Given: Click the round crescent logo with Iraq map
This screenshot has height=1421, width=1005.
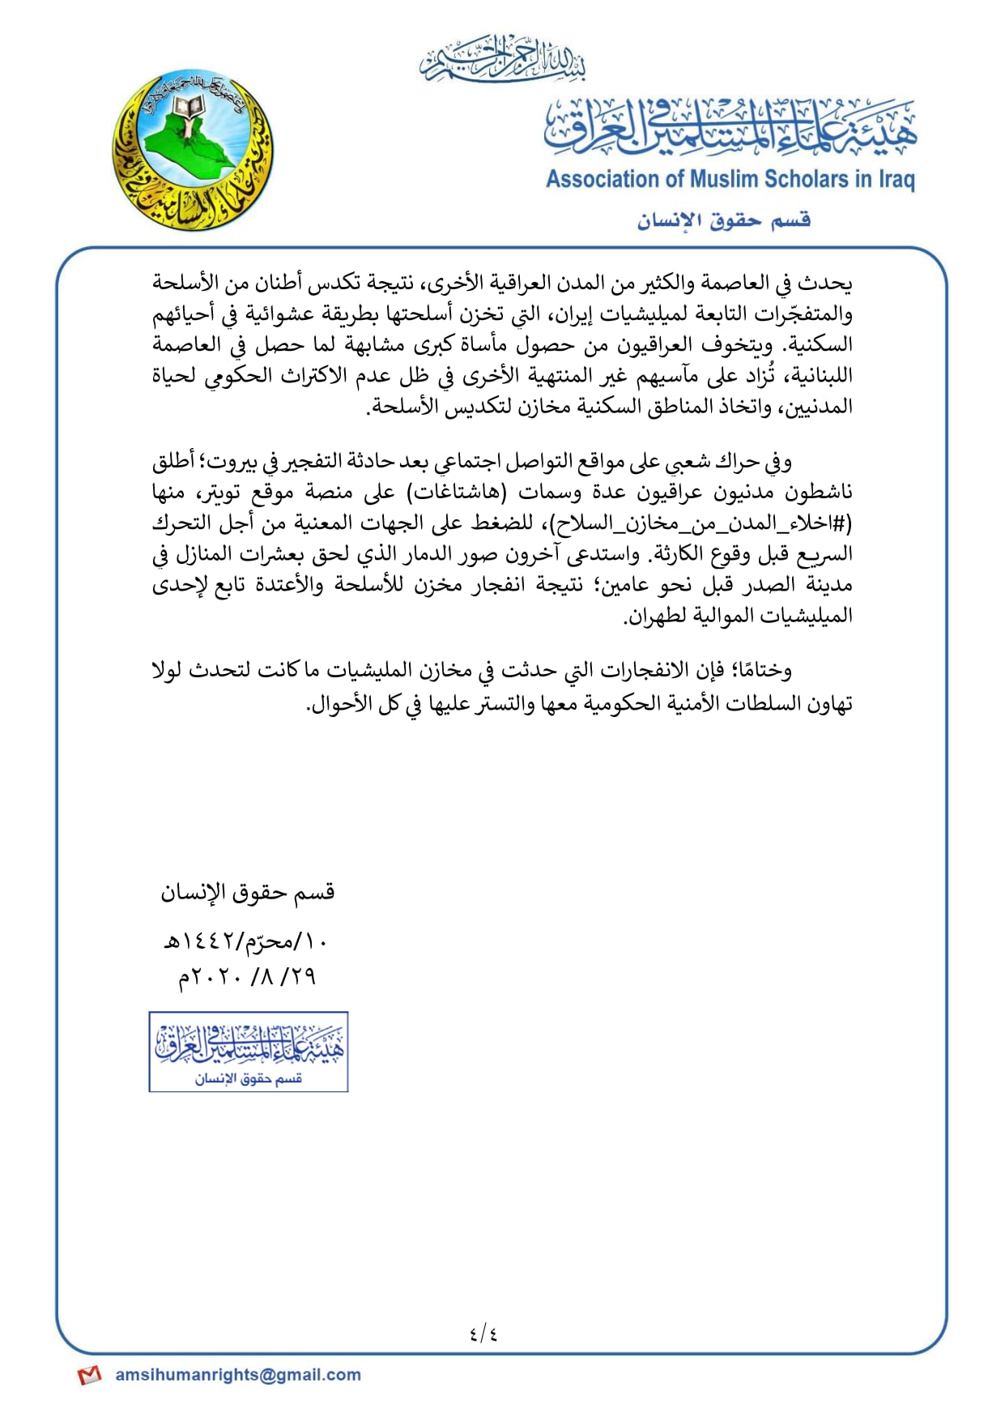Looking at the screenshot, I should [x=193, y=151].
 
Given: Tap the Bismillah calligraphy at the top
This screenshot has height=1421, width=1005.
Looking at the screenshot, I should [x=502, y=59].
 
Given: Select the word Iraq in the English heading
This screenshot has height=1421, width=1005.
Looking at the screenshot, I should [x=896, y=179].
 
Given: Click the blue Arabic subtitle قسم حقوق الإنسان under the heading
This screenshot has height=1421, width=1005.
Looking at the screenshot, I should [x=723, y=220].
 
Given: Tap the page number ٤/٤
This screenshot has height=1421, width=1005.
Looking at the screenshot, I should [x=483, y=1332].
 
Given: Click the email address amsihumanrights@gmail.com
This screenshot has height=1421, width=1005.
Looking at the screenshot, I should [x=238, y=1375].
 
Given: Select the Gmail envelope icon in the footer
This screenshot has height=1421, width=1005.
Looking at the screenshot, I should [x=89, y=1376].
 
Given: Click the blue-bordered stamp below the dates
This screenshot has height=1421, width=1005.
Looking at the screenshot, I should [x=249, y=1052].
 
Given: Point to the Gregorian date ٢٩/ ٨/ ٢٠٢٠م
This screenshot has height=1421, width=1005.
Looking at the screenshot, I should [x=247, y=977].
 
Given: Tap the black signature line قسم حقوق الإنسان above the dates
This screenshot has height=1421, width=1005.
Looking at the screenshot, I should [x=247, y=893].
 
